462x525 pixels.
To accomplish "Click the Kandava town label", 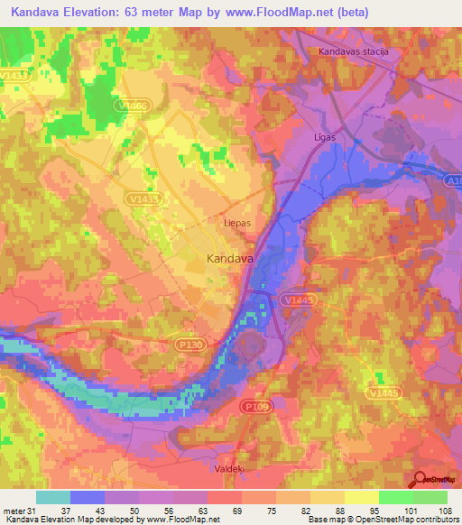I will pyautogui.click(x=230, y=259).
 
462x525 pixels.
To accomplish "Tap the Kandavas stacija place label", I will pyautogui.click(x=353, y=52).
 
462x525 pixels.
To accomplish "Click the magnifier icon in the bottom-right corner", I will pyautogui.click(x=420, y=480).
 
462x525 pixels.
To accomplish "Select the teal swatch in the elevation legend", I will pyautogui.click(x=54, y=497).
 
